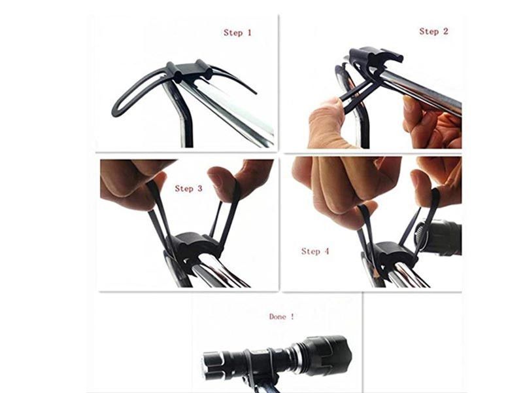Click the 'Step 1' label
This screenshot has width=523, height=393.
click(x=237, y=33)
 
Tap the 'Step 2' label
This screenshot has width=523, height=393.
click(x=433, y=31)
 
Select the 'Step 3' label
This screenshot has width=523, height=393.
click(x=188, y=189)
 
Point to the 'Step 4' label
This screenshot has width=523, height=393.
click(x=315, y=251)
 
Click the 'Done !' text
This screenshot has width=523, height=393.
click(x=282, y=316)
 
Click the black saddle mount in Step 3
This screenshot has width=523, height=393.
click(x=194, y=248)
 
